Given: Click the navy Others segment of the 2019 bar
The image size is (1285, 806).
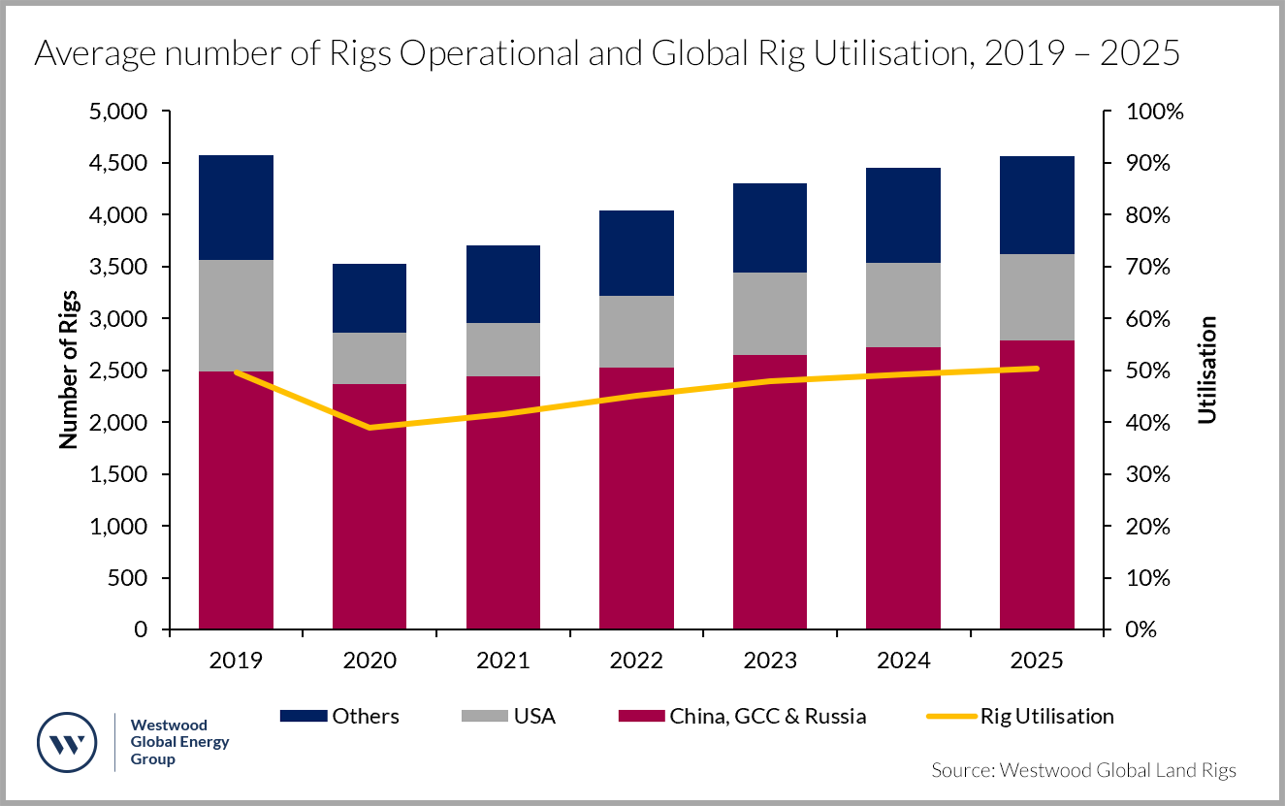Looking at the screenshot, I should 236,208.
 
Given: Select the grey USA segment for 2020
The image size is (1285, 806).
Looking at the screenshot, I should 369,358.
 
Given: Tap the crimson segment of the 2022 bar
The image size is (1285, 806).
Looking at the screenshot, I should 636,499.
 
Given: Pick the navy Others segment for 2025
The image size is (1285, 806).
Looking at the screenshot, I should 1037,205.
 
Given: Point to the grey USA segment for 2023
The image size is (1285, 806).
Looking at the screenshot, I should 770,313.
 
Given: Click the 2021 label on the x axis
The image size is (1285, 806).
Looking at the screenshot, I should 502,661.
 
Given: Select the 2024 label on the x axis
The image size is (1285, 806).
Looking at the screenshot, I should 903,661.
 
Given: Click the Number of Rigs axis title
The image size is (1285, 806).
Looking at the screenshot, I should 68,371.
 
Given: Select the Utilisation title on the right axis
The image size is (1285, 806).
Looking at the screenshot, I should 1206,371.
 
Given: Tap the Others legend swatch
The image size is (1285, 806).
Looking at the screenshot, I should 303,717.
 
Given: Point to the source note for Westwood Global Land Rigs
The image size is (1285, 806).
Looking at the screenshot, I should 1083,770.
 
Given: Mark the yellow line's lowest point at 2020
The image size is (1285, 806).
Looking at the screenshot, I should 369,428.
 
